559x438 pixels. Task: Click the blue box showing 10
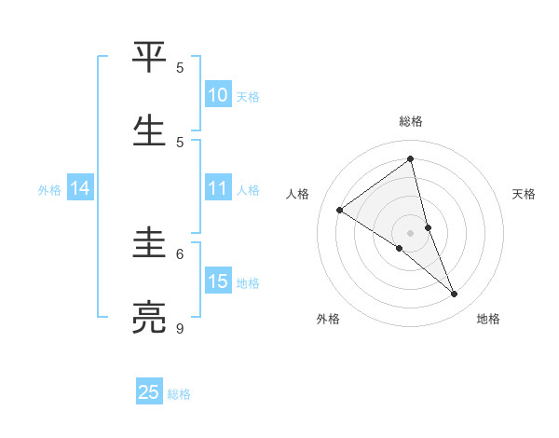(218, 95)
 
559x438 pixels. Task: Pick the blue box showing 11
(218, 188)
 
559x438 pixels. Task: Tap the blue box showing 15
(218, 281)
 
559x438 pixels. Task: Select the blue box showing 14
(80, 188)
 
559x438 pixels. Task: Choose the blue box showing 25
(149, 392)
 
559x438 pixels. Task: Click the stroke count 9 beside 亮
(180, 329)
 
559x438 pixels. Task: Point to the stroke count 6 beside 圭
(180, 253)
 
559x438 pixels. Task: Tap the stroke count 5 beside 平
(180, 67)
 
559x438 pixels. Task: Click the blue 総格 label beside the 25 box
(179, 394)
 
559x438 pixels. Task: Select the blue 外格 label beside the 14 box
(49, 189)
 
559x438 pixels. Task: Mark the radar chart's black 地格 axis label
(488, 319)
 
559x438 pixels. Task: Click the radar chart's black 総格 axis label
(411, 121)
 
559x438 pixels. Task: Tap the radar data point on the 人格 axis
(339, 210)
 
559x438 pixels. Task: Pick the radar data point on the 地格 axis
(455, 294)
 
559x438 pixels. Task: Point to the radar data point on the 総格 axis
(411, 159)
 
